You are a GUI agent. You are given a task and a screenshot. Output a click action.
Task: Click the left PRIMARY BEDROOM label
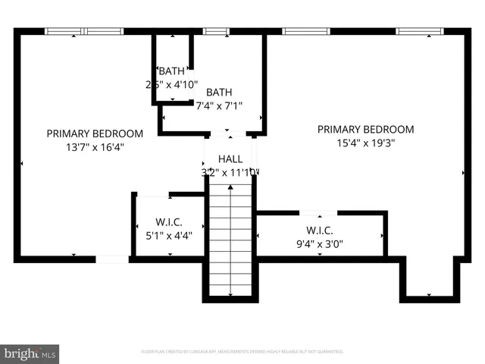pos(95,133)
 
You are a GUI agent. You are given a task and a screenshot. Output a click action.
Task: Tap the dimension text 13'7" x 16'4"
pos(95,147)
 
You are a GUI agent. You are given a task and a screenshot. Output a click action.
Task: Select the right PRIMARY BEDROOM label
pos(365,129)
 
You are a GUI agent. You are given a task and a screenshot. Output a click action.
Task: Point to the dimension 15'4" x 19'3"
pos(365,143)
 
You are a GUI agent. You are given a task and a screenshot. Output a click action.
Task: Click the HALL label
pos(230,158)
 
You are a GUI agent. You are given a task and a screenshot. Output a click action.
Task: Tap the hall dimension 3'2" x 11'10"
pos(230,172)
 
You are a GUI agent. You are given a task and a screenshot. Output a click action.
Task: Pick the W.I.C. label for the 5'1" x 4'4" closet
pos(169,222)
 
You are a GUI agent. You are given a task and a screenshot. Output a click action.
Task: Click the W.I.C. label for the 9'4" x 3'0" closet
pos(320,231)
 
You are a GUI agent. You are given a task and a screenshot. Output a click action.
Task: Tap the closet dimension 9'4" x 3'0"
pos(320,244)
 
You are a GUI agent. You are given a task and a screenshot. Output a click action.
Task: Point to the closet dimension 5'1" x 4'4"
pos(169,235)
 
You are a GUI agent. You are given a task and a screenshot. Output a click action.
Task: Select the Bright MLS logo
pos(30,353)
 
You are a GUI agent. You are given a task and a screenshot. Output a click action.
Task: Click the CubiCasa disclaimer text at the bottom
pos(242,352)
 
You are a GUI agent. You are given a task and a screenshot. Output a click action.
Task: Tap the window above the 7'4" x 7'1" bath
pos(216,31)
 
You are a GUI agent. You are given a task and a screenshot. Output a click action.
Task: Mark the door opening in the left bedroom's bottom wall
pos(112,259)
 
